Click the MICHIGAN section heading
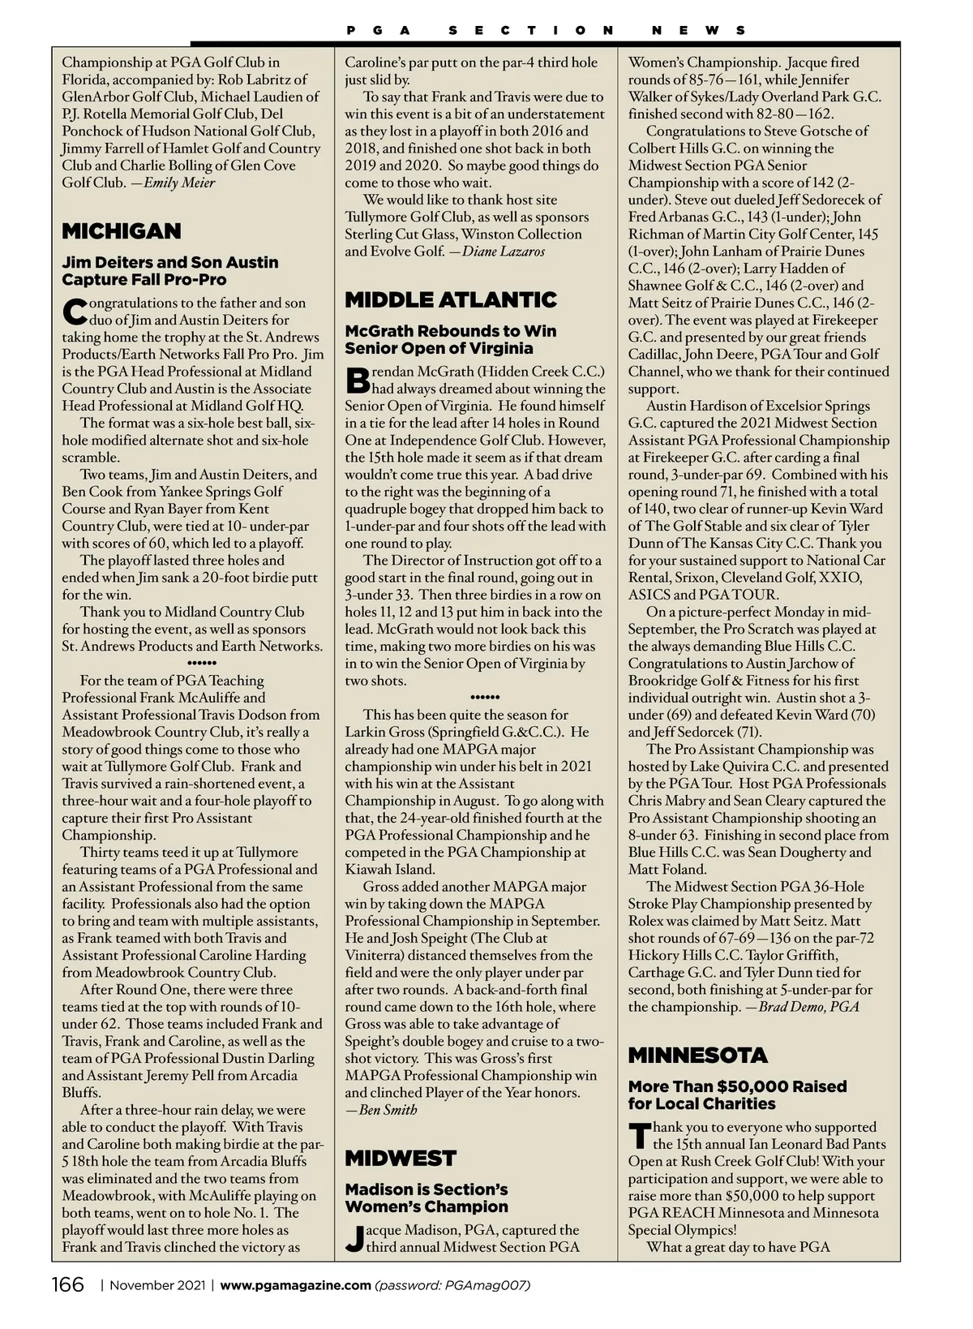pyautogui.click(x=122, y=231)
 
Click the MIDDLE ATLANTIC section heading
pyautogui.click(x=451, y=300)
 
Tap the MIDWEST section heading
pyautogui.click(x=401, y=1158)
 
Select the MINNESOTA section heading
pyautogui.click(x=697, y=1056)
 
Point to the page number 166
pyautogui.click(x=68, y=1285)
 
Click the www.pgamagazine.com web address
pyautogui.click(x=295, y=1285)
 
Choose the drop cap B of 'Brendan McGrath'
pyautogui.click(x=357, y=380)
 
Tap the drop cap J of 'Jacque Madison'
pyautogui.click(x=354, y=1238)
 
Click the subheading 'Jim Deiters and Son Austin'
pyautogui.click(x=170, y=262)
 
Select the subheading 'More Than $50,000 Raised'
pyautogui.click(x=737, y=1086)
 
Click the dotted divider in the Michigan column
pyautogui.click(x=191, y=663)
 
